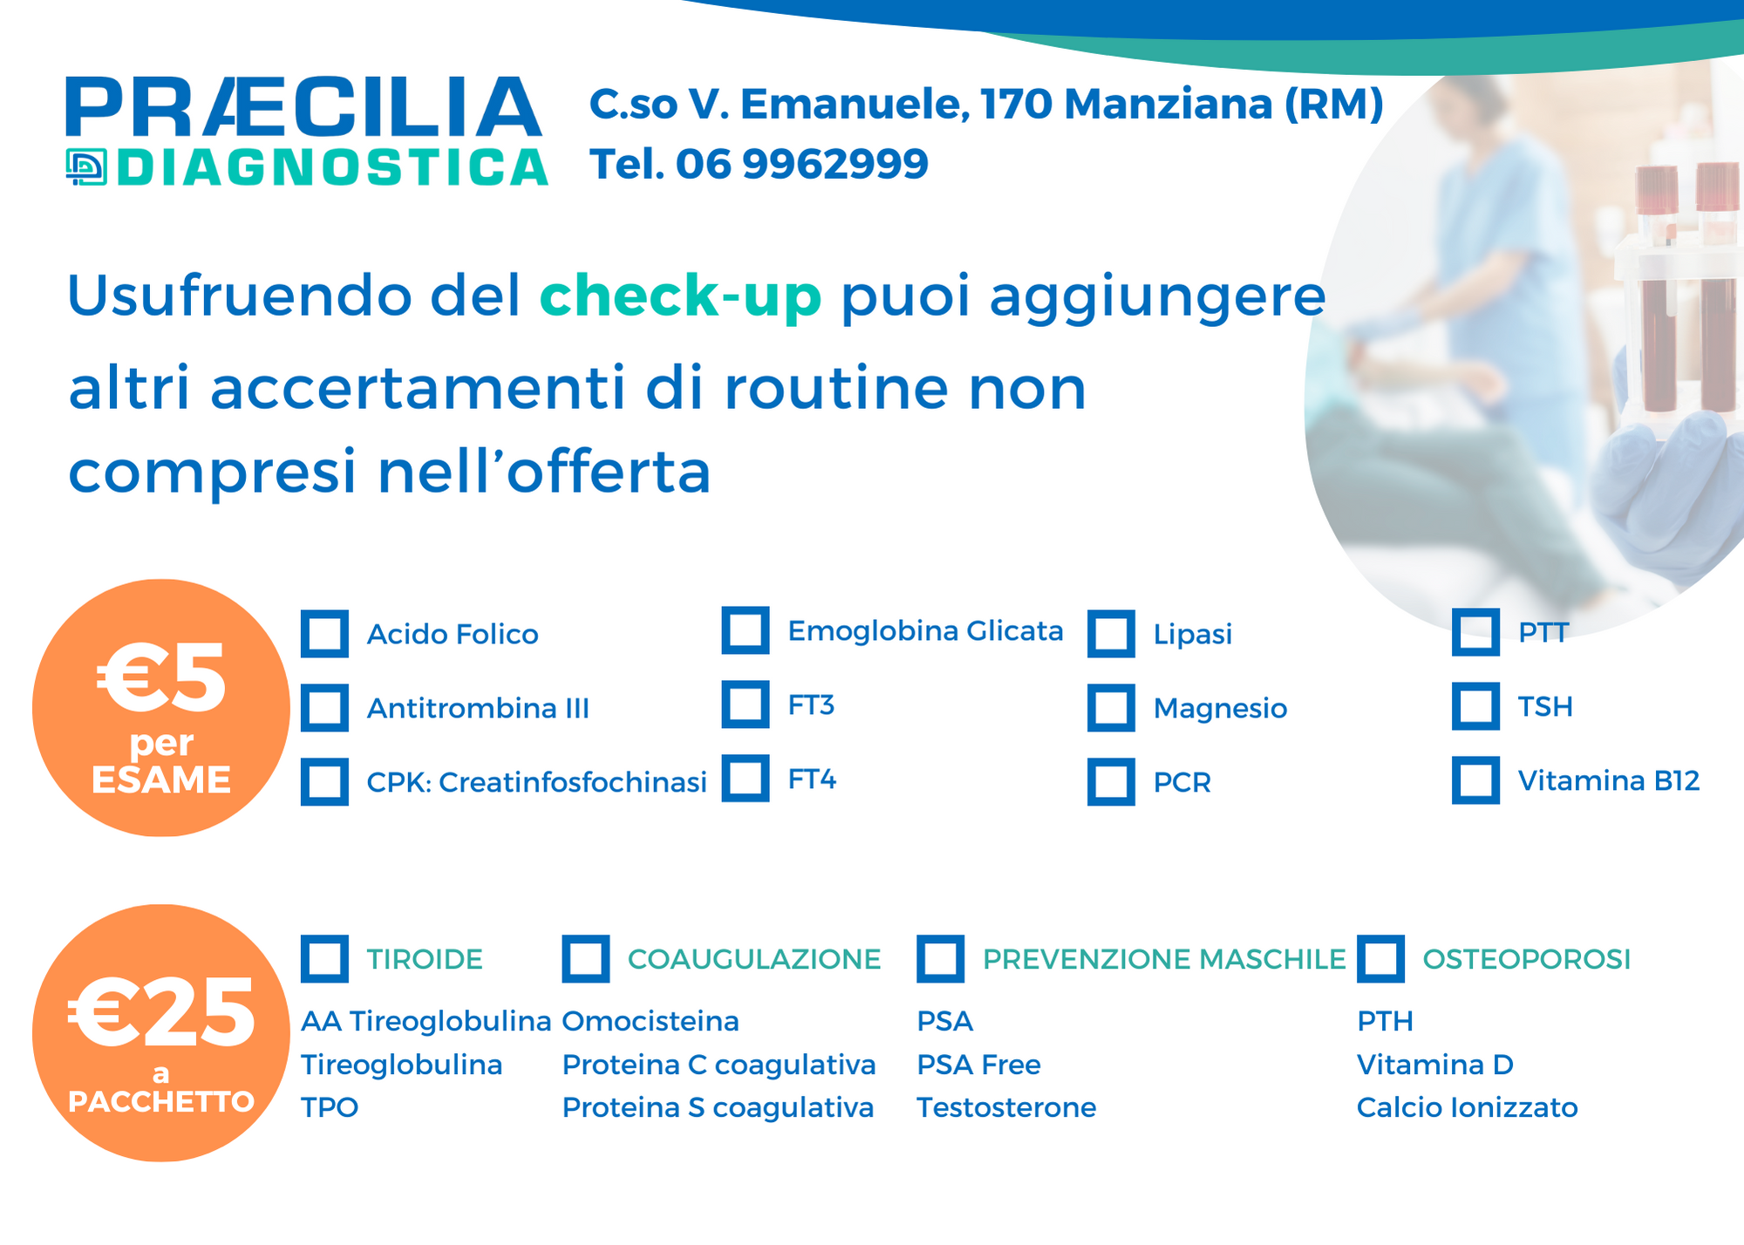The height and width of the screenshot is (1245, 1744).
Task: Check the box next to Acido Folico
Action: coord(324,633)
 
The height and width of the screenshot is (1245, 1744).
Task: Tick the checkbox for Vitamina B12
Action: coord(1475,779)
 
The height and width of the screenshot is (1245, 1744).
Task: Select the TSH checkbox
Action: coord(1475,705)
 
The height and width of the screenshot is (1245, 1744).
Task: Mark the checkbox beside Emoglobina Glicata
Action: coord(746,629)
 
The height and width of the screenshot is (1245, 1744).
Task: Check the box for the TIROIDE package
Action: coord(324,958)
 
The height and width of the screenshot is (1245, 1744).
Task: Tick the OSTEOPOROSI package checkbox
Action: coord(1380,958)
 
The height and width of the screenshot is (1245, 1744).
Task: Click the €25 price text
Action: coord(161,1011)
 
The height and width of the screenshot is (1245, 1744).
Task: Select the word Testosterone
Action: coord(1006,1107)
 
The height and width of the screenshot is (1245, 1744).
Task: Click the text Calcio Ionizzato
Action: coord(1468,1107)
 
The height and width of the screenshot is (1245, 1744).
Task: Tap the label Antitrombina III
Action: coord(478,708)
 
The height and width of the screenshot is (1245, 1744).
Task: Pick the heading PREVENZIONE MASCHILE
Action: coord(1164,959)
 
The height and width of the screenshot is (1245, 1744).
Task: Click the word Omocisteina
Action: coord(651,1021)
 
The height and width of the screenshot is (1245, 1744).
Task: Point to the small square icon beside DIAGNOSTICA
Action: coord(86,167)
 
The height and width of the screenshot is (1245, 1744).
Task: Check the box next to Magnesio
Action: coord(1111,707)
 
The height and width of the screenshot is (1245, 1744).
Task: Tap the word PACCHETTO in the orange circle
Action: coord(161,1102)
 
